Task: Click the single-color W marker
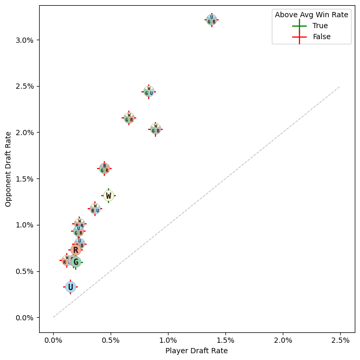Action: (x=109, y=196)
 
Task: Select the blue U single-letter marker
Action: (x=70, y=287)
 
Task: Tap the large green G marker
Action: (x=76, y=262)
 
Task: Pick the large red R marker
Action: (x=76, y=250)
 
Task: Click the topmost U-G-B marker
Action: (x=211, y=20)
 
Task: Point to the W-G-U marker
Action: (x=149, y=92)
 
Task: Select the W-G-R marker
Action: (x=129, y=118)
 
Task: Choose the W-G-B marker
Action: (x=155, y=129)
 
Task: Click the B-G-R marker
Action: (x=104, y=169)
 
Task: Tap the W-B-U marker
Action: (x=95, y=209)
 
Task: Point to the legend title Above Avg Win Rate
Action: (x=311, y=15)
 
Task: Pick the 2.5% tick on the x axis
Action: (x=340, y=340)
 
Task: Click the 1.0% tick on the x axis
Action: (x=168, y=340)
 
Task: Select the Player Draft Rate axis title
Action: (x=197, y=351)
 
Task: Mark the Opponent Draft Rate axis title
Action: (x=8, y=169)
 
